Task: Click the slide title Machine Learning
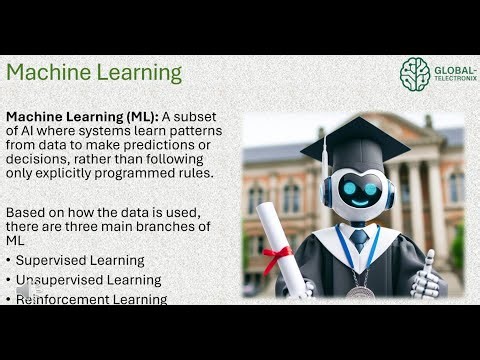[x=94, y=73]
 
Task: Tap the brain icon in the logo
[x=414, y=73]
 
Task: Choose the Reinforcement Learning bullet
[x=90, y=298]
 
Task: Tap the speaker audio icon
[x=22, y=291]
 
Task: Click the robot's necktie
[x=358, y=240]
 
